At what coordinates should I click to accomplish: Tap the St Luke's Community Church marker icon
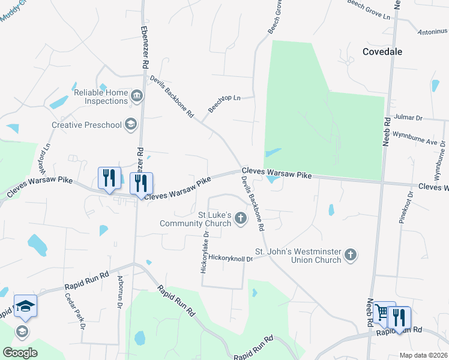point(241,217)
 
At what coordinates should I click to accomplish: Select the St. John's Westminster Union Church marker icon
point(351,256)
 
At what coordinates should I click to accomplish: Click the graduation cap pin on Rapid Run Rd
point(25,307)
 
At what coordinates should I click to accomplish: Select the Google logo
point(20,353)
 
